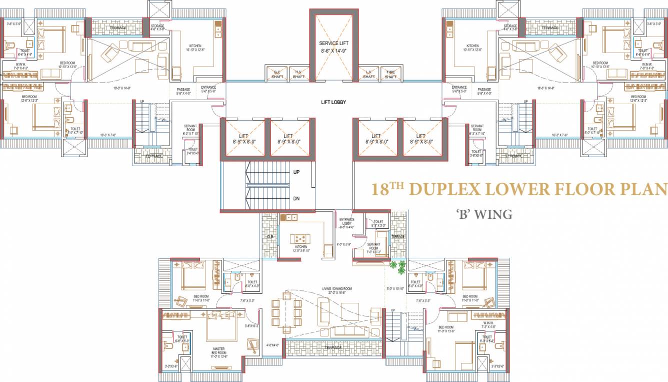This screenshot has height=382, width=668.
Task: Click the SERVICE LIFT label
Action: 333,44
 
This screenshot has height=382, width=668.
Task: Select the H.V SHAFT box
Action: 298,74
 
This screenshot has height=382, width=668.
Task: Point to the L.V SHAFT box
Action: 369,74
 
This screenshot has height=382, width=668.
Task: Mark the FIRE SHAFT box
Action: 391,74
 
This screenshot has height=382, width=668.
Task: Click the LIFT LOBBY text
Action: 333,102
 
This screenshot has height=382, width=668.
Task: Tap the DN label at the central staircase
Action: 296,199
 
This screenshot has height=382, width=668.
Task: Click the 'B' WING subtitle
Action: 484,215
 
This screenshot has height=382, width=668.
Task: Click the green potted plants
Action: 398,267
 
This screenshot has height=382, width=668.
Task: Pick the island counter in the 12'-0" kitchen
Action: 301,239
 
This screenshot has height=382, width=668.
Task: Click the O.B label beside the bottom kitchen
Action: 270,237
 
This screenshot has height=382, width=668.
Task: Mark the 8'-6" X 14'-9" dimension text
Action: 333,51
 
